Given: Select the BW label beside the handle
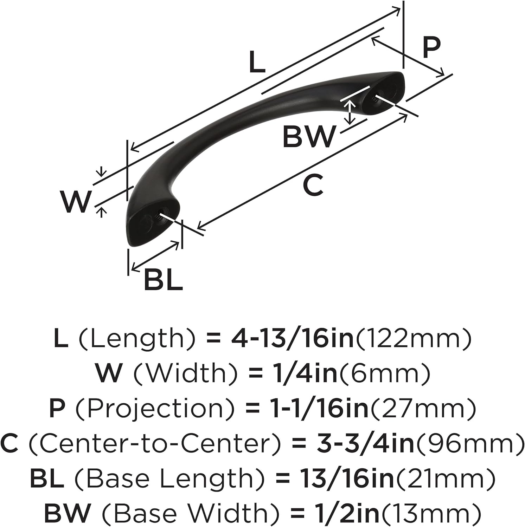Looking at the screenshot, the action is [309, 137].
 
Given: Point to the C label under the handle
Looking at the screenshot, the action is [313, 186].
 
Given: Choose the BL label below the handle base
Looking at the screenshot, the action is [164, 280].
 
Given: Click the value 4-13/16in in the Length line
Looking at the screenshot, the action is [292, 338].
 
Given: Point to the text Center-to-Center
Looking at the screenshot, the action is [154, 443].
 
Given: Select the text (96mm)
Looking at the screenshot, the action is [470, 443].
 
